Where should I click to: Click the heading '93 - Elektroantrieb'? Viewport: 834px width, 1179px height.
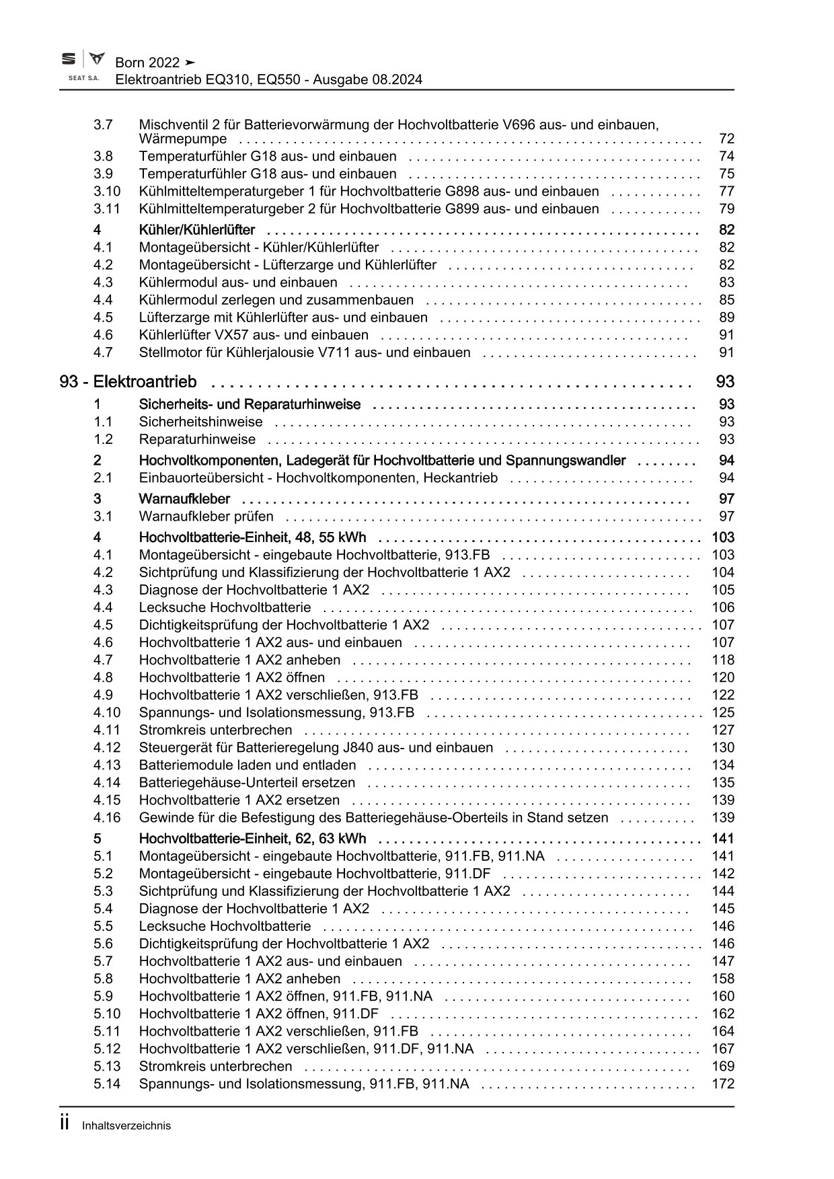pos(128,382)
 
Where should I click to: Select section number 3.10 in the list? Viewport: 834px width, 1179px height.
pos(106,191)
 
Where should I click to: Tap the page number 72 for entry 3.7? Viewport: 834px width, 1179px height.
pos(726,139)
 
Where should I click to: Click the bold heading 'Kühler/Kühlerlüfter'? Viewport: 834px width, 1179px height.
pos(196,230)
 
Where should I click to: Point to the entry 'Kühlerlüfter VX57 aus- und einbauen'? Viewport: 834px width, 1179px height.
pos(254,335)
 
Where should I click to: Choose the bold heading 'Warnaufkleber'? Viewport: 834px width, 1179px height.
pos(184,499)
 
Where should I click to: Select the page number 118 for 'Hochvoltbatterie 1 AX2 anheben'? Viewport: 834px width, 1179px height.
pos(723,660)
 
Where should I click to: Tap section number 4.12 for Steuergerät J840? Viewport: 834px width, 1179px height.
pos(106,747)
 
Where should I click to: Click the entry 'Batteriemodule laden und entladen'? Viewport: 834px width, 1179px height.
pos(248,765)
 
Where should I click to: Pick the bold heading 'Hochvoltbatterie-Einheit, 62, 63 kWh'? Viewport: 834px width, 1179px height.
pos(252,839)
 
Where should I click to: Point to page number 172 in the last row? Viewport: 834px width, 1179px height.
pos(723,1083)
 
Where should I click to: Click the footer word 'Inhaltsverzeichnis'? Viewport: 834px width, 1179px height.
pos(126,1125)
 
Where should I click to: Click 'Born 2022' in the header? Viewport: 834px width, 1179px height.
pos(147,63)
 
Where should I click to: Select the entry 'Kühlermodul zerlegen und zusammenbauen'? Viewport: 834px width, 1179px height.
pos(276,300)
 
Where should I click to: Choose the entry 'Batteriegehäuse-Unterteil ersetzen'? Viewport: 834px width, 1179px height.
pos(247,782)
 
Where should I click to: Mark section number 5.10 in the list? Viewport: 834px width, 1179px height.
pos(106,1014)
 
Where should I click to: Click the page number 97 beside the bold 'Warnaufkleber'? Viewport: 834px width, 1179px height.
pos(726,499)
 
